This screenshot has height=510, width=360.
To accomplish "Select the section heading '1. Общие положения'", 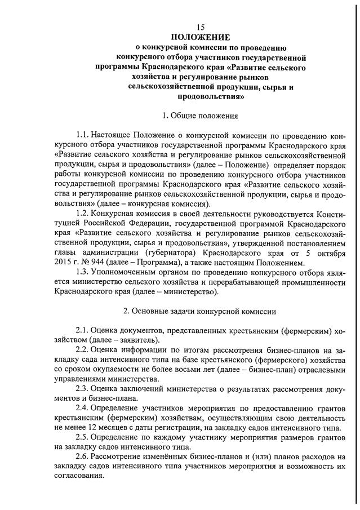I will coord(200,116).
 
